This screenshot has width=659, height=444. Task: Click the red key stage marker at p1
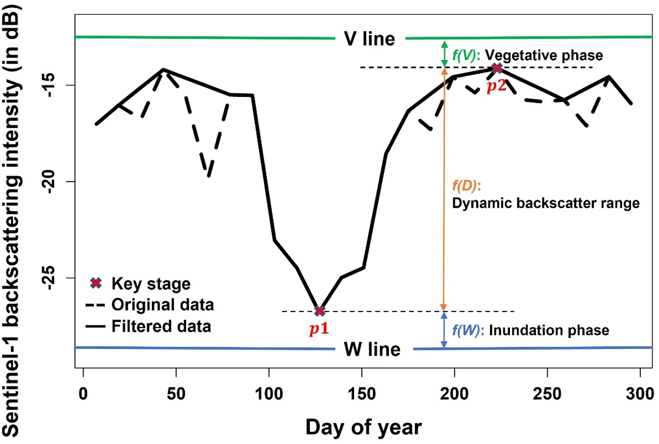320,311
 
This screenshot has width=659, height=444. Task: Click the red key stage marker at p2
497,68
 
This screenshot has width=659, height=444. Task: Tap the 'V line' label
370,39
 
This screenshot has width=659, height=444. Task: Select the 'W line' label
372,349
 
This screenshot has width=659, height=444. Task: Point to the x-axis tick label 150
362,393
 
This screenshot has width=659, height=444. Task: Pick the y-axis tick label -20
49,181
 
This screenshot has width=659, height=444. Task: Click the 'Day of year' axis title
363,427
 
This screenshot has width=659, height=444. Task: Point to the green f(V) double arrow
444,54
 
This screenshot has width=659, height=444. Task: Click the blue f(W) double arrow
444,330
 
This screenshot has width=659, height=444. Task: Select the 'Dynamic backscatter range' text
546,203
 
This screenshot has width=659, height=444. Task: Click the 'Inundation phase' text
549,330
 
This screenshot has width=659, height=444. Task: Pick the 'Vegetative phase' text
544,55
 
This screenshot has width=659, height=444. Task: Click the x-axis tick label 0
83,393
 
